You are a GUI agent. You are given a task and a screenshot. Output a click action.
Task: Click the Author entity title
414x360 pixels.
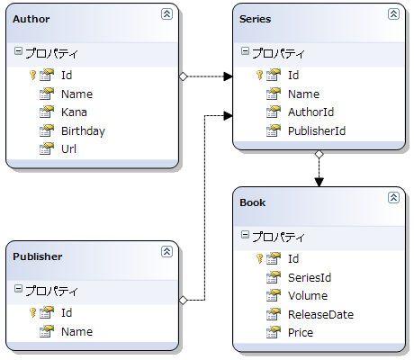pos(31,19)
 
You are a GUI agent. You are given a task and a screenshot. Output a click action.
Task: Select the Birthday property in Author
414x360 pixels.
pos(83,131)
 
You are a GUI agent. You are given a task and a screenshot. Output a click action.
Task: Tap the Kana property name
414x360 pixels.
pos(74,112)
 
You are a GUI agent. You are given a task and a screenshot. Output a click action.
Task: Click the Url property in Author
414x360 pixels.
pos(68,148)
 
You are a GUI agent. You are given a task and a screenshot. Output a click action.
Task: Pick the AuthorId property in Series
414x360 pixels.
pos(310,112)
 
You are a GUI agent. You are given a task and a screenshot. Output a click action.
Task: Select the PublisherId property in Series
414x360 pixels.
pos(317,130)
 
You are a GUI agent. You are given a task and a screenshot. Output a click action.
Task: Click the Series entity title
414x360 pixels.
pos(255,19)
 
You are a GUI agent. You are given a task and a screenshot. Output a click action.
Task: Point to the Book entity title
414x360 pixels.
pos(253,202)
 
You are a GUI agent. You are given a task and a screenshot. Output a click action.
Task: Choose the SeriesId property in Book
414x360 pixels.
pos(310,278)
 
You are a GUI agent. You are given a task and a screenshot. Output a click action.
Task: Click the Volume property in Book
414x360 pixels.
pos(308,296)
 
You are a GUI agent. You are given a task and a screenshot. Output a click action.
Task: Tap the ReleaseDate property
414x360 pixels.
pos(320,314)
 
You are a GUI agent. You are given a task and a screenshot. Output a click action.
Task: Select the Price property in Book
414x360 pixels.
pos(301,333)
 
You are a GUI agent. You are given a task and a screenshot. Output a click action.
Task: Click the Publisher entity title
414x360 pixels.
pos(38,256)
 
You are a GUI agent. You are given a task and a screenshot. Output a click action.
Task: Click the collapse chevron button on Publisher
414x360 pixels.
pos(166,251)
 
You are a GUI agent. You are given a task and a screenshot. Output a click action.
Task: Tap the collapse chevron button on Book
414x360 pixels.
pos(393,197)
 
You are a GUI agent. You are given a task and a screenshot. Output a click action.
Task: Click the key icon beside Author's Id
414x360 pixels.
pos(32,75)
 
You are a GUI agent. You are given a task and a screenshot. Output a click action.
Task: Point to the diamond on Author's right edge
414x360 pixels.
pos(183,76)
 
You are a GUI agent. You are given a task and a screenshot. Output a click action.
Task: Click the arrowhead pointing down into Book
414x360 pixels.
pos(319,182)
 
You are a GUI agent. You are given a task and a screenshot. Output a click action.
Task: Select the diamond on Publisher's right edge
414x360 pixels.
pos(183,300)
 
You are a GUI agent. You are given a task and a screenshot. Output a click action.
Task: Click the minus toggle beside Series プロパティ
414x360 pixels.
pos(245,50)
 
